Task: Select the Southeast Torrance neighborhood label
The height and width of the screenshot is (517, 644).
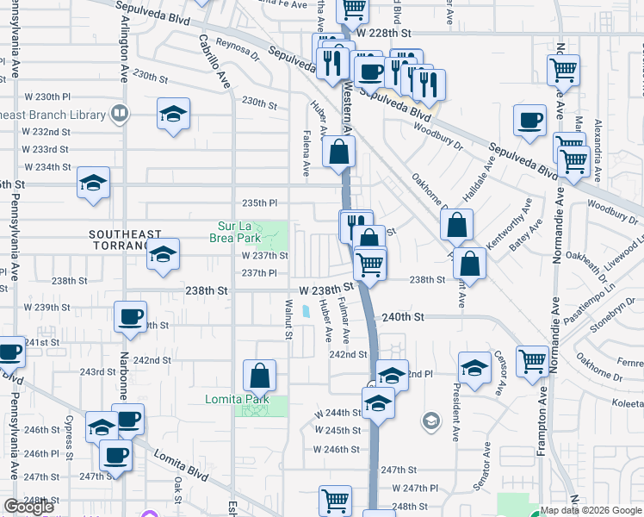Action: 125,240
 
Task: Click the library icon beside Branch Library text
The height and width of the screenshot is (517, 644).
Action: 120,113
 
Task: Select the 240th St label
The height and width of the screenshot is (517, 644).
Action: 404,317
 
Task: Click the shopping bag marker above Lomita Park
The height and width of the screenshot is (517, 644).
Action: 259,375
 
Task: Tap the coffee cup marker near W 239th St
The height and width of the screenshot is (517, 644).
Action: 130,316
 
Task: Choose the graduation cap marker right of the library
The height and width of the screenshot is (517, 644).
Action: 173,113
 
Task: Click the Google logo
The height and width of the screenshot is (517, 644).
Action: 29,507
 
